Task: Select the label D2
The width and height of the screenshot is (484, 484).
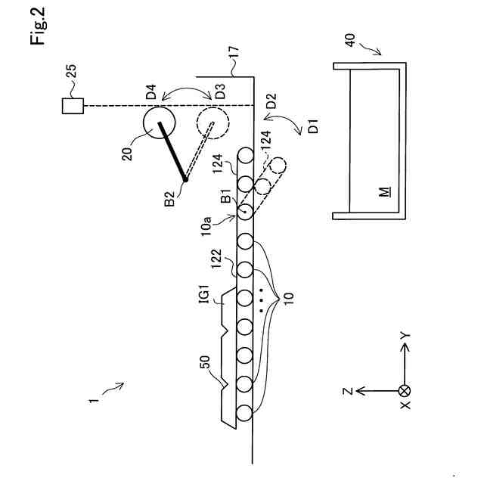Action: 271,99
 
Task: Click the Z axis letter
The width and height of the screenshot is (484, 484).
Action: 347,391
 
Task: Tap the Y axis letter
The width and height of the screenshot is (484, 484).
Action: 405,334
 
